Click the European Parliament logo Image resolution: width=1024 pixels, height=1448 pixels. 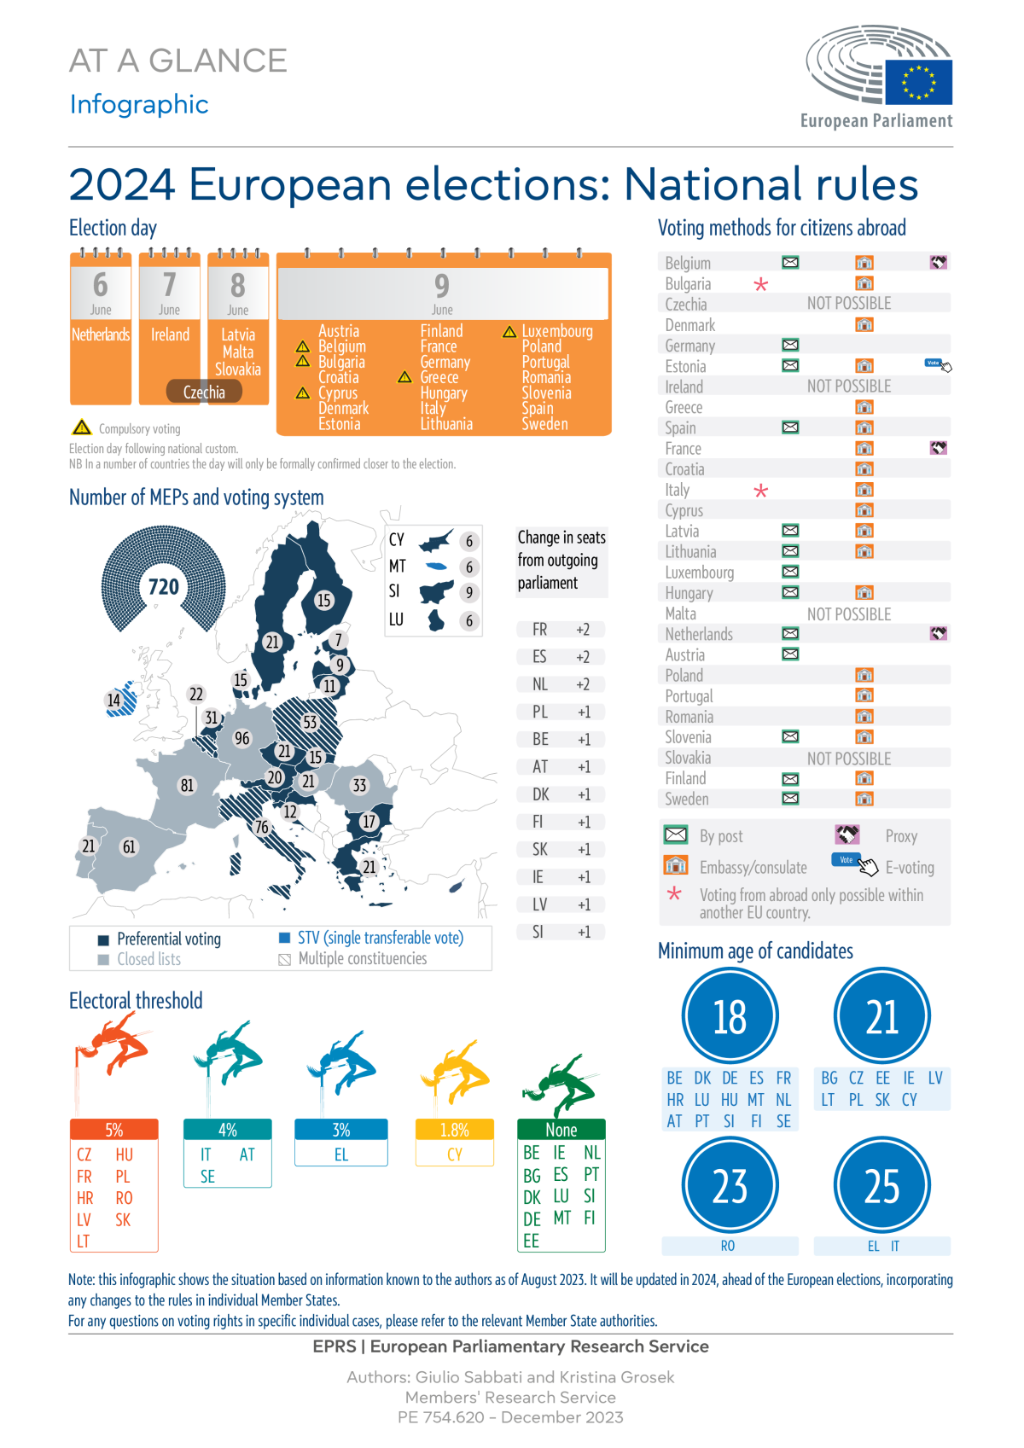click(x=879, y=77)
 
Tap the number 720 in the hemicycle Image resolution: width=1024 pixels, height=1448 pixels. click(x=164, y=587)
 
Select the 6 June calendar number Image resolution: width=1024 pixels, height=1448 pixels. click(x=101, y=285)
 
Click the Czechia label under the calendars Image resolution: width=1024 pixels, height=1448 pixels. click(x=205, y=392)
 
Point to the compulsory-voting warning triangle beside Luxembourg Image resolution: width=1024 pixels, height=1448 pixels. click(x=509, y=332)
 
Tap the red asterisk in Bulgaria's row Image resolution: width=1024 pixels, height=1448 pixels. click(x=761, y=284)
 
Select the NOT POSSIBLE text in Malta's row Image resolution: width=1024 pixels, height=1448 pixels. click(x=848, y=614)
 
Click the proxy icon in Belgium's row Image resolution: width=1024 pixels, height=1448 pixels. click(x=938, y=263)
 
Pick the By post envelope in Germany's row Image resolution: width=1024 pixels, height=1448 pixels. click(x=790, y=346)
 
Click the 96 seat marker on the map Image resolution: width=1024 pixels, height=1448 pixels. click(x=242, y=738)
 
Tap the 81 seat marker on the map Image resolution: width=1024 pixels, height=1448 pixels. click(x=187, y=785)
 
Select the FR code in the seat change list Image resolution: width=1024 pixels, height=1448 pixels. click(x=539, y=630)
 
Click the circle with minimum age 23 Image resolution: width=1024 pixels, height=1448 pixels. click(x=730, y=1186)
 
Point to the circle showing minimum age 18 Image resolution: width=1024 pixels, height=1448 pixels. click(x=730, y=1016)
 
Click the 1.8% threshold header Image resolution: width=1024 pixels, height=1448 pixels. click(x=455, y=1130)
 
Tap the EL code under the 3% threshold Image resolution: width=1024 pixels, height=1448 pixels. click(x=341, y=1154)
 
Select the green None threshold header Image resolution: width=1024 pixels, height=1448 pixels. click(x=561, y=1130)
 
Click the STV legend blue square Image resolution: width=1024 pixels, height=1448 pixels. click(x=285, y=938)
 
